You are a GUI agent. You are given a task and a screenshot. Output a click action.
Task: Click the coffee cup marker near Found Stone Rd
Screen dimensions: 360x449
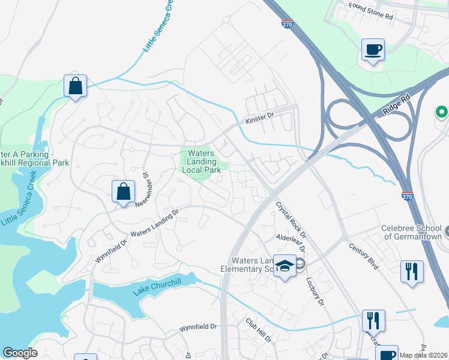tap(373, 50)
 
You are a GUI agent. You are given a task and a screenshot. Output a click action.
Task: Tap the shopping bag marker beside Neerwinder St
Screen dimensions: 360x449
tap(123, 192)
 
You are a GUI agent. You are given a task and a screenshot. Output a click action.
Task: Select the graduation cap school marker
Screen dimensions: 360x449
tap(285, 266)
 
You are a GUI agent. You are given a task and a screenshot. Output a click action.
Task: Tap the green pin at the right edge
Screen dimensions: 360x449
tap(442, 112)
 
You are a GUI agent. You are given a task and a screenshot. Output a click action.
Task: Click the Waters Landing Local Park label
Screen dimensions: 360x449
tap(201, 161)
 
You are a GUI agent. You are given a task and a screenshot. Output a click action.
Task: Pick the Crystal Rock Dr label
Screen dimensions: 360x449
tap(291, 219)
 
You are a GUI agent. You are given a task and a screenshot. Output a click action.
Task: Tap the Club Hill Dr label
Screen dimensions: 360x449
tap(259, 331)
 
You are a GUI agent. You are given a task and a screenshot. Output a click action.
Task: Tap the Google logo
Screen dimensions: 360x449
tap(20, 353)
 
